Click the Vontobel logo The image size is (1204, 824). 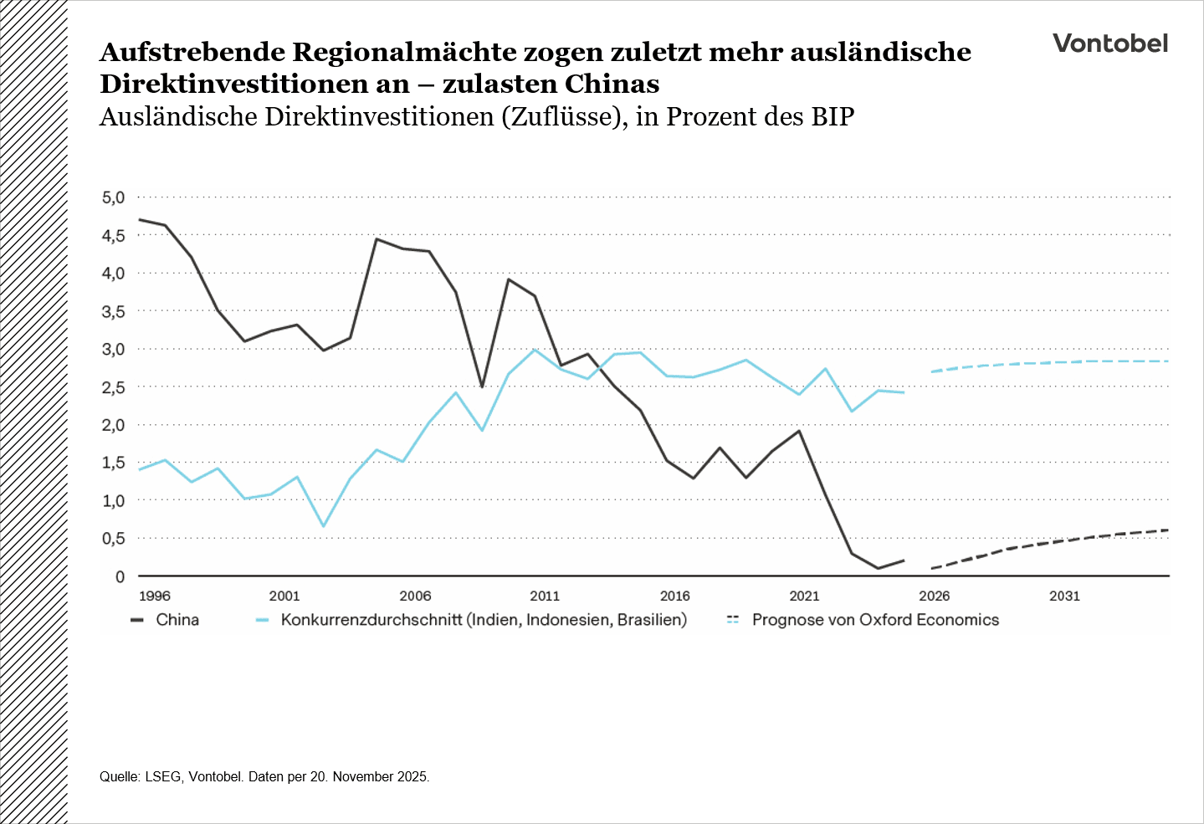pyautogui.click(x=1109, y=44)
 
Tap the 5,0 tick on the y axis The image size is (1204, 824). pyautogui.click(x=113, y=198)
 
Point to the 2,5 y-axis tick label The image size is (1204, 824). pyautogui.click(x=113, y=387)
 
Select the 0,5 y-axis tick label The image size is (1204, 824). pyautogui.click(x=113, y=539)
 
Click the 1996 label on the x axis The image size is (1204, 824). pyautogui.click(x=154, y=596)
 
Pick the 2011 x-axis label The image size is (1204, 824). pyautogui.click(x=545, y=596)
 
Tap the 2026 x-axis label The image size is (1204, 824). pyautogui.click(x=935, y=596)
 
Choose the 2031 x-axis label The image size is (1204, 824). pyautogui.click(x=1064, y=596)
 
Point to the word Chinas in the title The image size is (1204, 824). pyautogui.click(x=612, y=84)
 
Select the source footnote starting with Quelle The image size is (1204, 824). pyautogui.click(x=264, y=776)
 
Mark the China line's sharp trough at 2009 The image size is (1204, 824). pyautogui.click(x=482, y=386)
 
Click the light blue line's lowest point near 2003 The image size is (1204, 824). pyautogui.click(x=324, y=526)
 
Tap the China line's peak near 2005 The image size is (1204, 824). pyautogui.click(x=376, y=239)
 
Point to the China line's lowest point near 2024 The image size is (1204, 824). pyautogui.click(x=878, y=568)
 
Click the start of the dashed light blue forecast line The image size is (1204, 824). pyautogui.click(x=932, y=371)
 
